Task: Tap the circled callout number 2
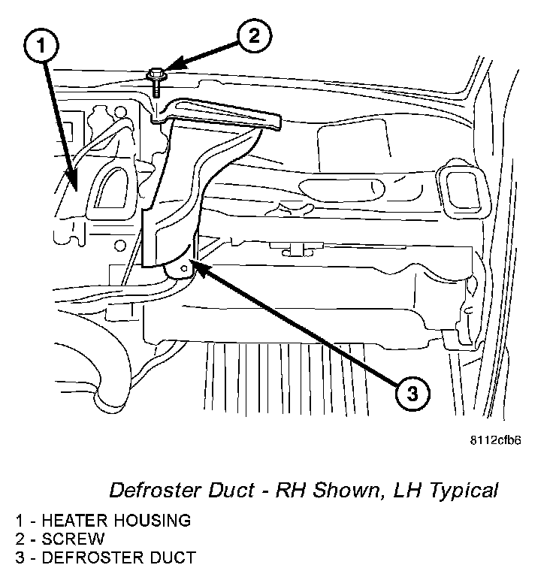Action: pyautogui.click(x=255, y=35)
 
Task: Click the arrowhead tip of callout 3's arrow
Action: pyautogui.click(x=193, y=259)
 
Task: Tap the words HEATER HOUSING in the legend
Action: pyautogui.click(x=116, y=520)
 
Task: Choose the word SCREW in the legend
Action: pyautogui.click(x=73, y=539)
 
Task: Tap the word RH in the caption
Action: pyautogui.click(x=284, y=491)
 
